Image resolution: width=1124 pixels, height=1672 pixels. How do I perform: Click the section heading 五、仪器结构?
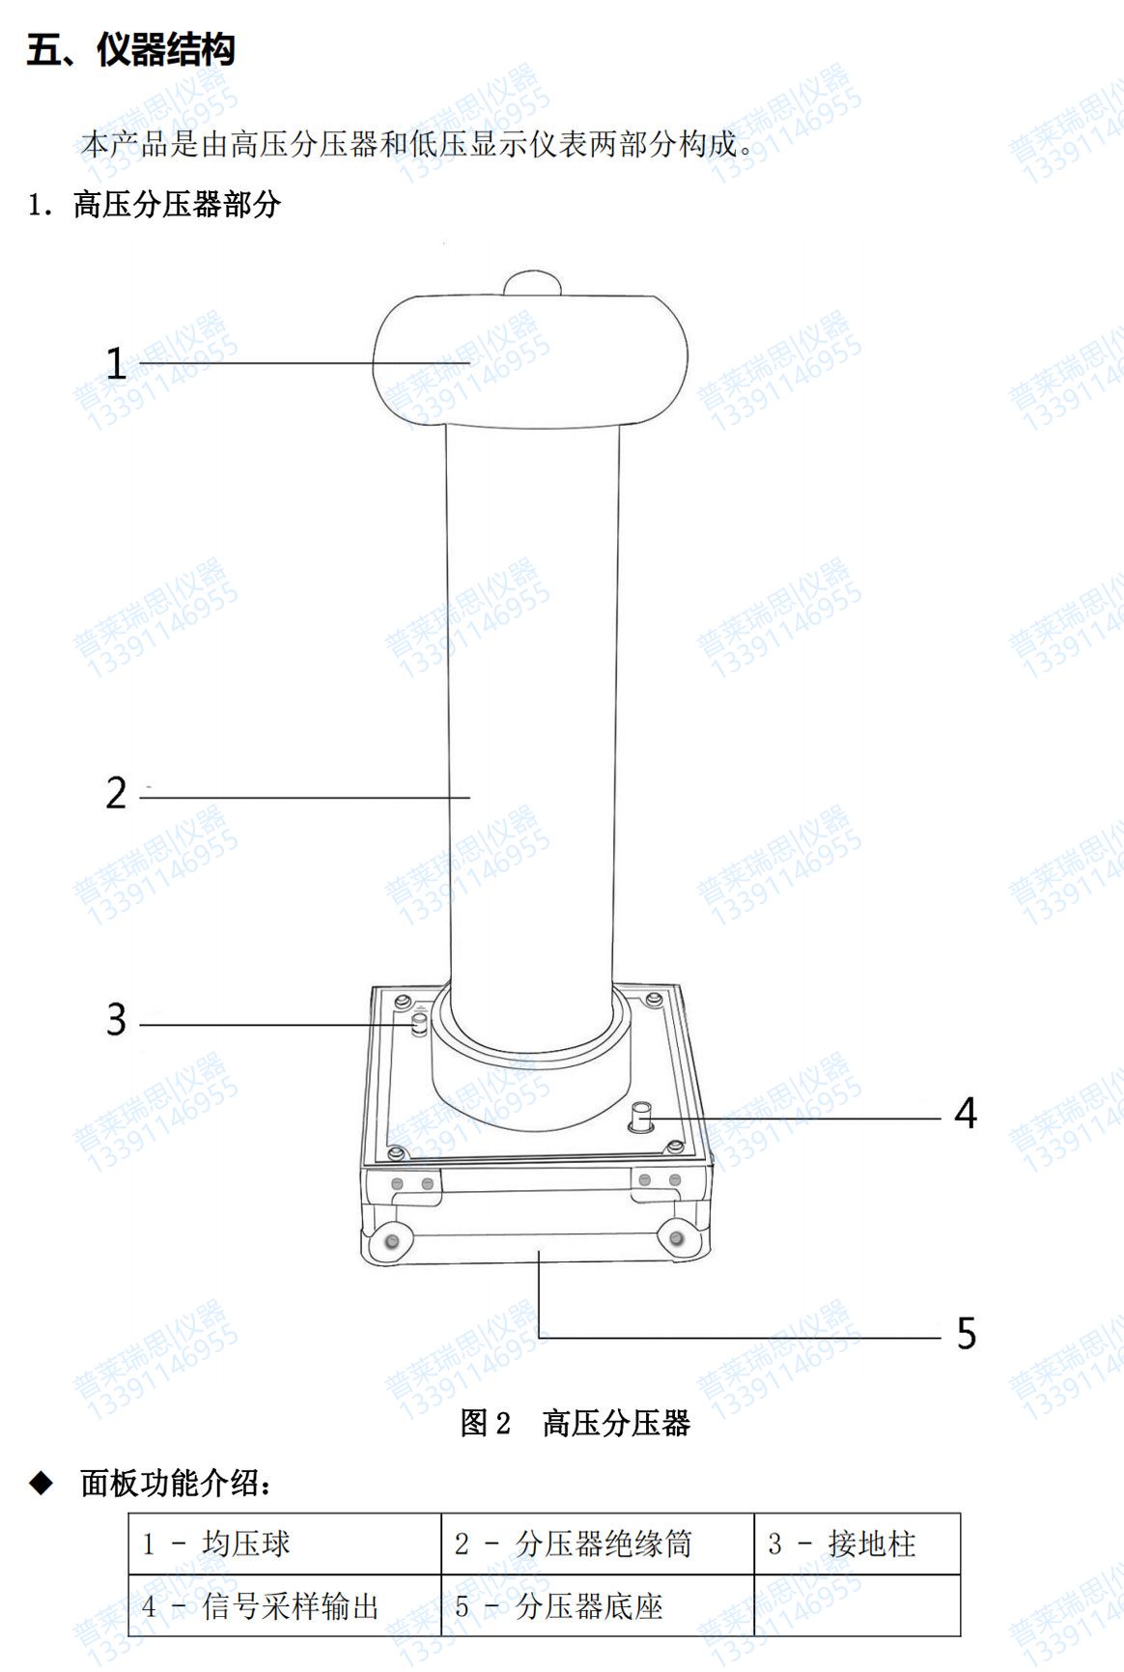pos(130,49)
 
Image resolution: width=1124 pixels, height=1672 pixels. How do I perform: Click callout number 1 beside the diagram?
pos(116,364)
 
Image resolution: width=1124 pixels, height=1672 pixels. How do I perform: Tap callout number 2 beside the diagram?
pos(116,793)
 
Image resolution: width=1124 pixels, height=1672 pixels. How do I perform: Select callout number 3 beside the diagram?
pos(116,1020)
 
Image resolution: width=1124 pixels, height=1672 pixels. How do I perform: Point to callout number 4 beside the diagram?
pos(966,1114)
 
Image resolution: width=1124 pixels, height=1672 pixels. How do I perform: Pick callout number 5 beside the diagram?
pos(967,1334)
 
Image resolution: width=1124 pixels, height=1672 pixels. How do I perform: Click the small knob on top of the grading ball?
pos(532,282)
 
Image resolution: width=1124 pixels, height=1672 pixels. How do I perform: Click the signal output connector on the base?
pos(640,1118)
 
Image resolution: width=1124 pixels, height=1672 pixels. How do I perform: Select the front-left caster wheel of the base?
pos(391,1239)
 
